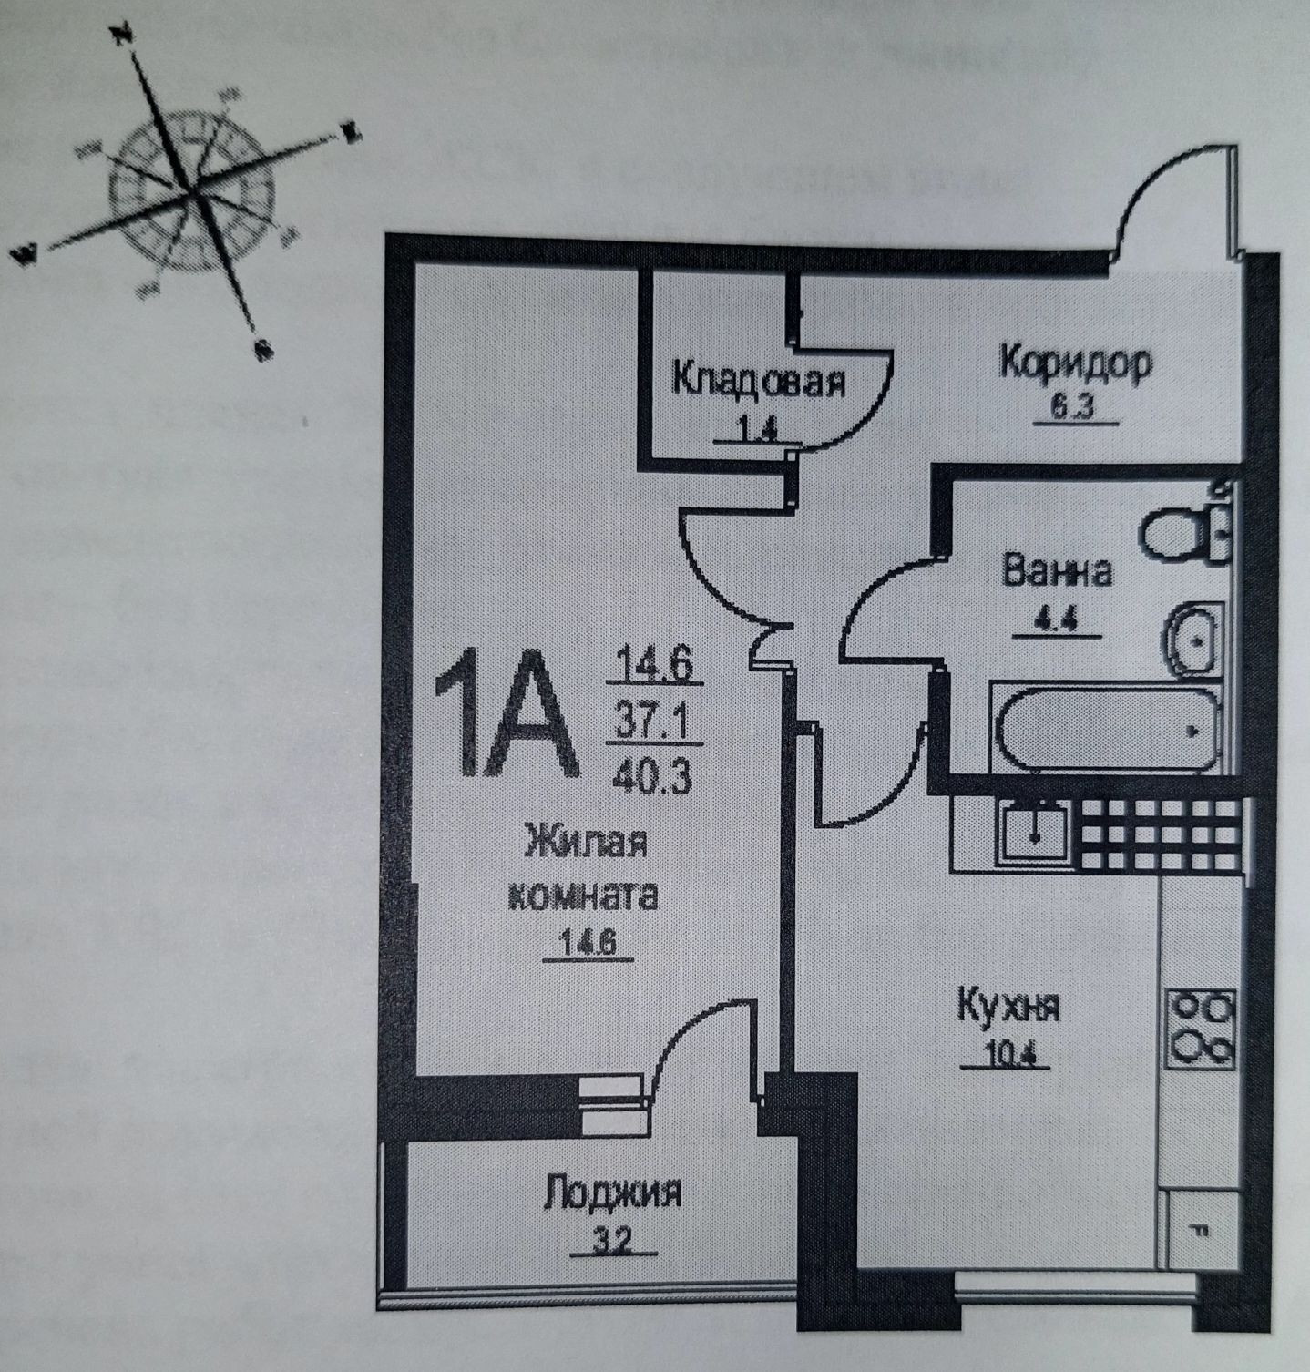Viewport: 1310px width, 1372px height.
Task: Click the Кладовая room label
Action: click(758, 380)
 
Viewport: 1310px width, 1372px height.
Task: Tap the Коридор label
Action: click(1076, 363)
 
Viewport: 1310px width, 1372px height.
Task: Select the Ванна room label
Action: click(1057, 572)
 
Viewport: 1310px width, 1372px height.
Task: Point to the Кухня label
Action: click(1008, 1008)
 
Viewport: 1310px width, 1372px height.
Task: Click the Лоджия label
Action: click(612, 1193)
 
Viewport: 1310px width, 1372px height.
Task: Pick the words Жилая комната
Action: click(583, 868)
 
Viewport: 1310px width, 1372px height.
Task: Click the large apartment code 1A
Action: click(506, 715)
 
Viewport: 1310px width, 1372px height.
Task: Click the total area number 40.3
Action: click(652, 776)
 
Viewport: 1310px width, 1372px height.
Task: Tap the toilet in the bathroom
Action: click(1184, 533)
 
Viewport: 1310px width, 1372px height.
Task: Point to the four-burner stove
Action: click(1202, 1029)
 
